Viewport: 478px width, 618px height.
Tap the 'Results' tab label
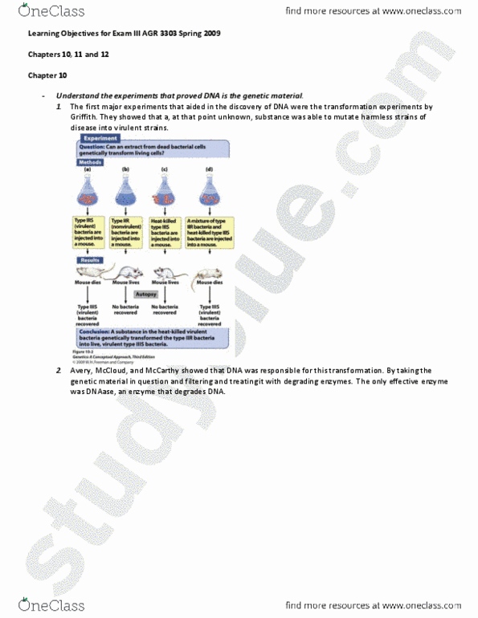pyautogui.click(x=88, y=261)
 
